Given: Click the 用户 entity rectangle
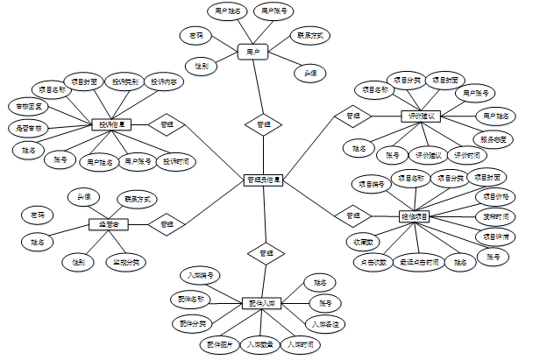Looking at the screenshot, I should (x=252, y=53).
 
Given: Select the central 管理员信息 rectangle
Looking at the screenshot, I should (x=263, y=180).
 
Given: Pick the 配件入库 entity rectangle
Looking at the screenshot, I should (x=262, y=303).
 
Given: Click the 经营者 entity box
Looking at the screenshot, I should (x=110, y=224).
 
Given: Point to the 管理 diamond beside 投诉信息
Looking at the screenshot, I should (x=166, y=124).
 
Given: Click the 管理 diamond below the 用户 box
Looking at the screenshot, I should (x=263, y=124).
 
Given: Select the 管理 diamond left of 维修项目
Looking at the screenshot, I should (x=352, y=215).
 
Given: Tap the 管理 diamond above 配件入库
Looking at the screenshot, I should (x=263, y=253).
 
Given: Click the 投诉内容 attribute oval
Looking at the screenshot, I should (x=164, y=82).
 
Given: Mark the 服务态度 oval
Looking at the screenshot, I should (x=495, y=138).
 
